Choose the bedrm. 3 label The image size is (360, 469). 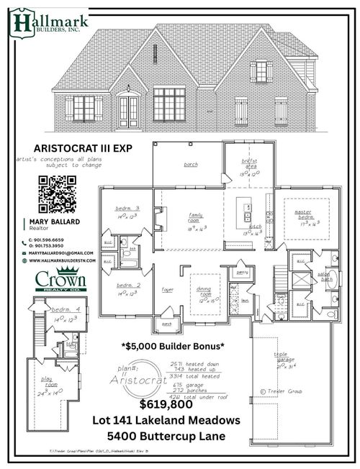127,209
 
